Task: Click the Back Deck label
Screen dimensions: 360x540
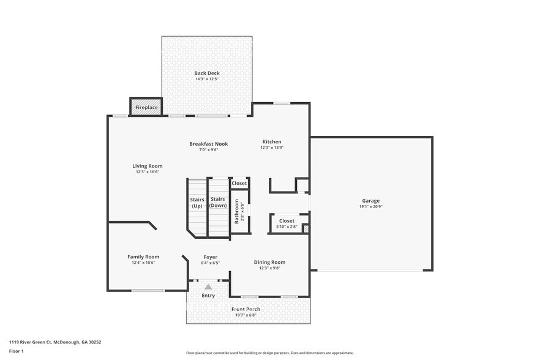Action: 207,73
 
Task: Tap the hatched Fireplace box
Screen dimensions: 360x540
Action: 146,107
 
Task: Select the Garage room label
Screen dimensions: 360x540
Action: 370,201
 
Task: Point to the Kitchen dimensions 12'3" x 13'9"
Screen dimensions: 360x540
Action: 272,148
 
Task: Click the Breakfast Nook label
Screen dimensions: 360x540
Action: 208,144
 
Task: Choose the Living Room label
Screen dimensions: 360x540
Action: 148,166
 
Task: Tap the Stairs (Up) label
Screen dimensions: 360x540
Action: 197,203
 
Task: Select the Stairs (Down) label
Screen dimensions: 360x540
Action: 218,203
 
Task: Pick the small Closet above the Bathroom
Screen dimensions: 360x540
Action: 239,183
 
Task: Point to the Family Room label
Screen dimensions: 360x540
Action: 143,257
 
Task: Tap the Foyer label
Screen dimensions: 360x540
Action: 210,257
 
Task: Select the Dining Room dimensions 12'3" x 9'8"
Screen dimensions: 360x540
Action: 269,268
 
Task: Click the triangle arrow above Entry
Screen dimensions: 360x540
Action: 208,287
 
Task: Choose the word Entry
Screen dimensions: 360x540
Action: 208,296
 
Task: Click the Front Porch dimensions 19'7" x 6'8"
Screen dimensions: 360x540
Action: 246,315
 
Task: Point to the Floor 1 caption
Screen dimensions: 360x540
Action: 16,351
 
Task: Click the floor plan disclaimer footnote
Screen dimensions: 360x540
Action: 269,353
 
